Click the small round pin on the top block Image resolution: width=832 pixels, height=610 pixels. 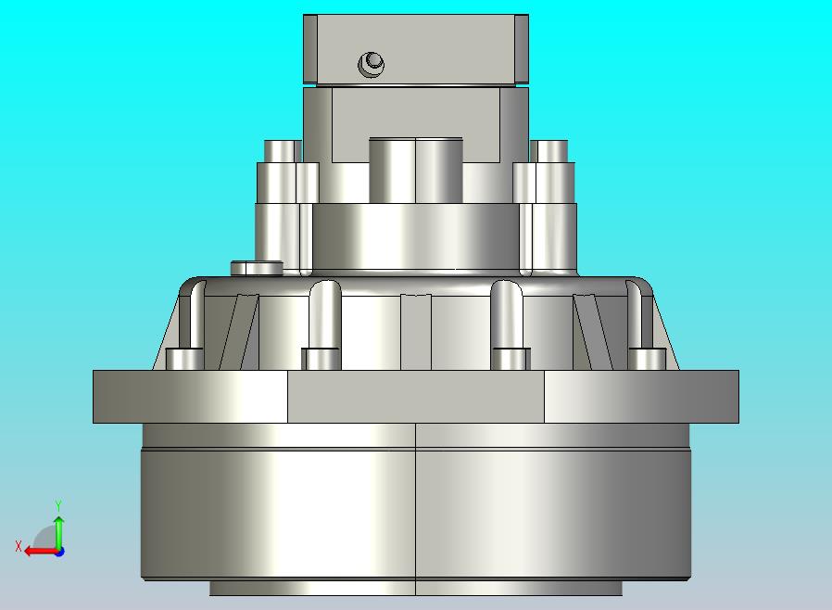point(371,64)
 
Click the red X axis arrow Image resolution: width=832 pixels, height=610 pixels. point(42,551)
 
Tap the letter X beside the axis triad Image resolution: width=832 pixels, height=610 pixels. point(19,546)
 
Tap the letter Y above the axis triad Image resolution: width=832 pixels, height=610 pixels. point(58,505)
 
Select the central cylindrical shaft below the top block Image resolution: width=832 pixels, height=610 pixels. point(415,170)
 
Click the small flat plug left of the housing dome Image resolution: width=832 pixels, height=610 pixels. point(257,268)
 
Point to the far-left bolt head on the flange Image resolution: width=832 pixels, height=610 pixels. point(184,359)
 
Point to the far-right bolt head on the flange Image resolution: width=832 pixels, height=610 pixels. point(648,359)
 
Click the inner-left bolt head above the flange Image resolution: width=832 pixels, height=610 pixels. point(321,359)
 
